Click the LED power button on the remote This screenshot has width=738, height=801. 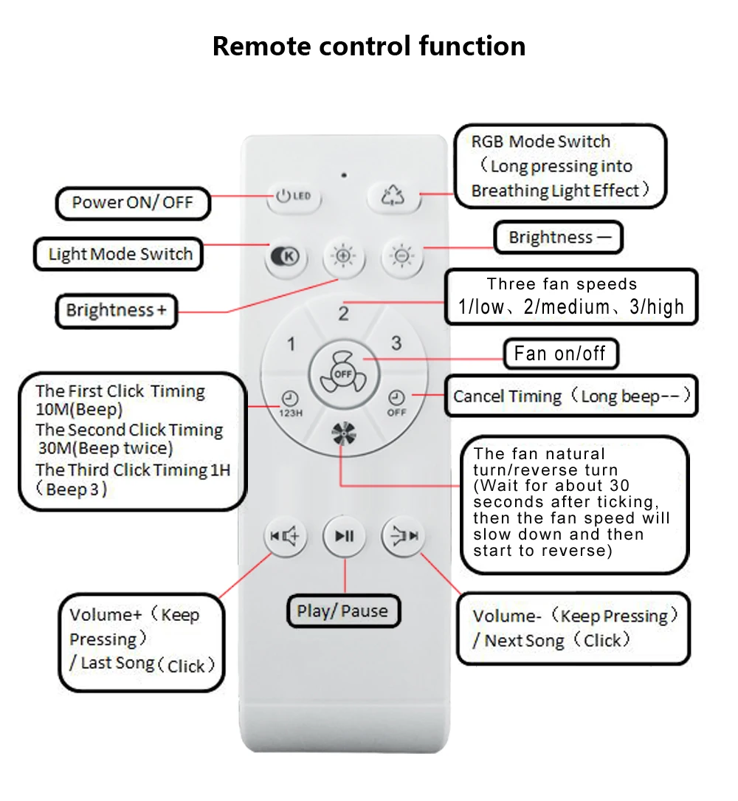coord(294,196)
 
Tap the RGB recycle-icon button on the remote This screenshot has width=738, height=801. coord(393,196)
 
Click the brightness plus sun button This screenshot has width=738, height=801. coord(344,256)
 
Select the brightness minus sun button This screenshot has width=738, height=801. coord(402,256)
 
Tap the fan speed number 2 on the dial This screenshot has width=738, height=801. coord(344,314)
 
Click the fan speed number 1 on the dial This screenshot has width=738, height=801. coord(291,344)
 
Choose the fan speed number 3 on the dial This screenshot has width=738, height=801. coord(396,343)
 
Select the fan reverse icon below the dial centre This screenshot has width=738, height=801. coord(344,433)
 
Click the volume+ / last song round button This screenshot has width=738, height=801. coord(285,536)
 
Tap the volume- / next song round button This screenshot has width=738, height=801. coord(403,536)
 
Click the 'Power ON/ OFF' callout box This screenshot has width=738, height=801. coord(133,203)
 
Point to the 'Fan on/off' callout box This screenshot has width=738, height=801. coord(561,354)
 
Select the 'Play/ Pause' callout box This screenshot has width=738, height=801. coord(343,611)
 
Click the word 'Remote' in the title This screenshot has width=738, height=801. coord(261,46)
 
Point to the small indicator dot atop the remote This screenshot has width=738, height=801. coord(344,175)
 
